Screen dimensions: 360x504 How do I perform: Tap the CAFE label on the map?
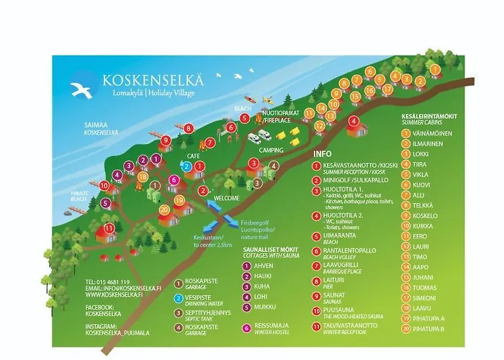point(194,156)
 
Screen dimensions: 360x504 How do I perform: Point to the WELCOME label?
point(227,198)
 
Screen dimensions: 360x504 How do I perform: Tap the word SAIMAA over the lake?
point(95,125)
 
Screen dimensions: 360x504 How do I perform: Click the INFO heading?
point(323,153)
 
